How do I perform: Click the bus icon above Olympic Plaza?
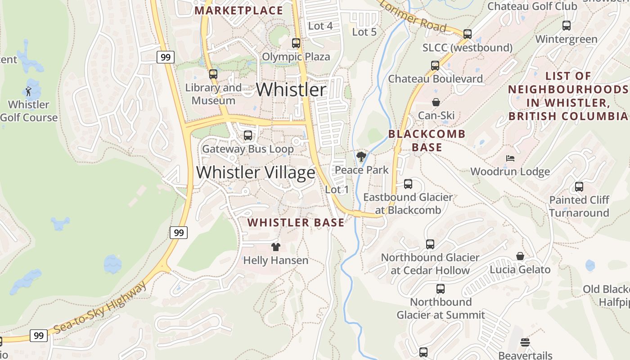(296, 43)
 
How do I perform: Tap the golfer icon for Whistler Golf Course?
(29, 91)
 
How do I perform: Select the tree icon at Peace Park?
(361, 157)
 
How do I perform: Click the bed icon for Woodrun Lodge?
(510, 158)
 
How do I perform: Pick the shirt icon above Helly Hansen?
(276, 247)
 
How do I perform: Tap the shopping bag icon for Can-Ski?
(436, 102)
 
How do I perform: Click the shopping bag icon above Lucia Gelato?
(520, 256)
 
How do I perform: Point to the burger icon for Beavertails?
(525, 342)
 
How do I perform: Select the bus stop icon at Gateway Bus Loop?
(247, 135)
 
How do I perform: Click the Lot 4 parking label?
(320, 26)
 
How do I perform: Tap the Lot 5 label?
(364, 32)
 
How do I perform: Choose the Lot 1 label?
(337, 190)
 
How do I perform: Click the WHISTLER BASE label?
(296, 222)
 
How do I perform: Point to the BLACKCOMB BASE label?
(427, 140)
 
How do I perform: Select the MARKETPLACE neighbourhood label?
(239, 10)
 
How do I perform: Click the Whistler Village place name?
(256, 173)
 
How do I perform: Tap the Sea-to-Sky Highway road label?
(100, 308)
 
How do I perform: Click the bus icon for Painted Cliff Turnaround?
(579, 186)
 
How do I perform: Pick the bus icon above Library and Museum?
(213, 74)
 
